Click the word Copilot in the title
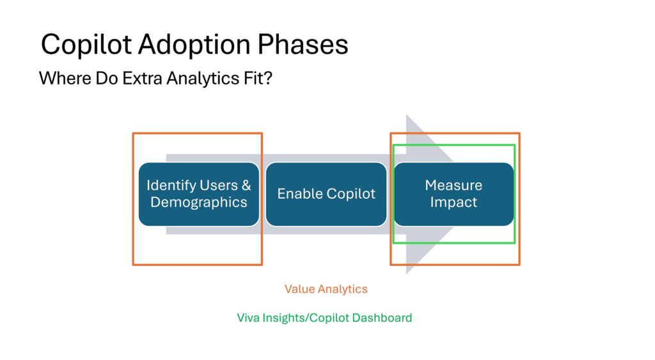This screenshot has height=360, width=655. coord(86,45)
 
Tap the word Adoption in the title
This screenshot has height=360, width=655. coord(194,45)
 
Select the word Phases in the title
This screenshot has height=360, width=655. coord(303,44)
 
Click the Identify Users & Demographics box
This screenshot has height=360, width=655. coord(199,194)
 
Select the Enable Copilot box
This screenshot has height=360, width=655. coord(326,194)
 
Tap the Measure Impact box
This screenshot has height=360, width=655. coord(454,194)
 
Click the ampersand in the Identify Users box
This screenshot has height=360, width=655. coord(246,185)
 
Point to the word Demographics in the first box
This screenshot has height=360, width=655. coord(199,203)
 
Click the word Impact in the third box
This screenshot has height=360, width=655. coord(454,203)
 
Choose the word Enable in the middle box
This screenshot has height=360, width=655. coord(300,193)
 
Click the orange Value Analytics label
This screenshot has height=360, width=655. coord(326,289)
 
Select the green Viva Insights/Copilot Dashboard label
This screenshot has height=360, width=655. coord(324,318)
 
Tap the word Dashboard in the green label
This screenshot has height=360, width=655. coord(383,318)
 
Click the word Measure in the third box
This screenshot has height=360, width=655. coord(454,185)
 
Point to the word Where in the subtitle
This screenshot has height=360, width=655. coord(65,78)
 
